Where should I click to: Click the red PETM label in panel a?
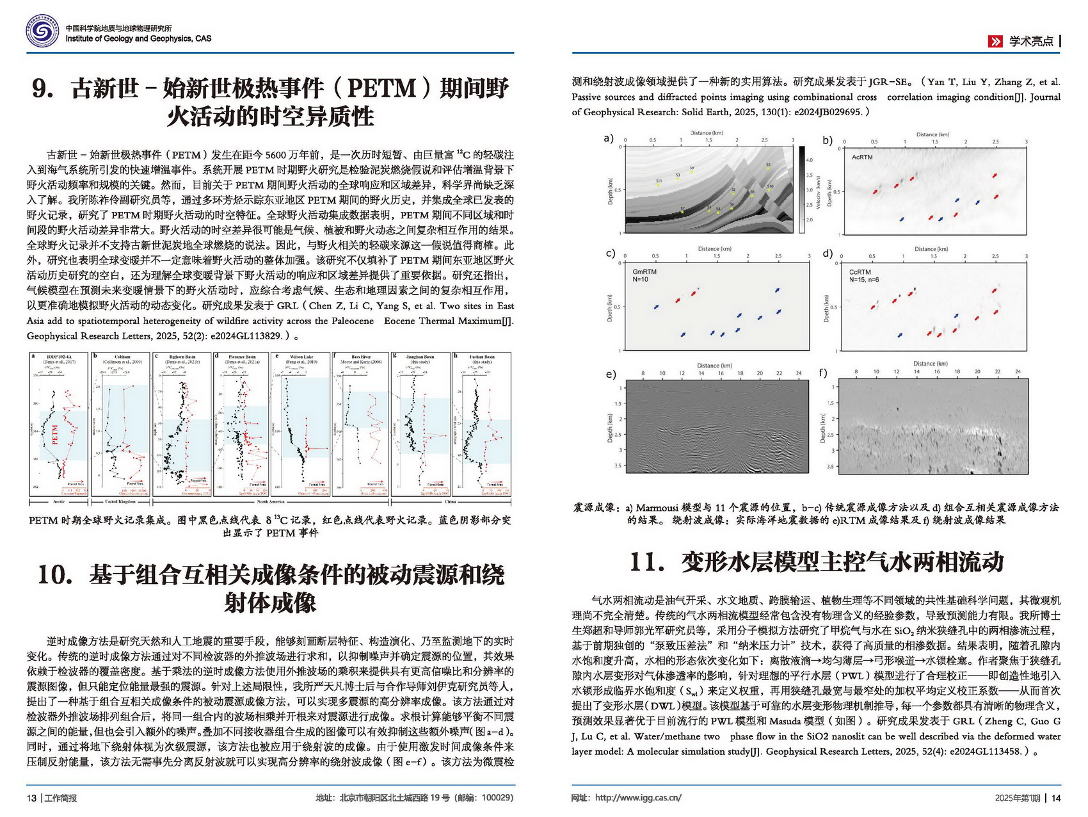pyautogui.click(x=55, y=435)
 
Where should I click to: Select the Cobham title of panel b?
pyautogui.click(x=122, y=357)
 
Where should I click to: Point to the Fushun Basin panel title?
pyautogui.click(x=482, y=357)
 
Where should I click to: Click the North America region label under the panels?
pyautogui.click(x=271, y=502)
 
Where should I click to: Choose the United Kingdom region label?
pyautogui.click(x=120, y=502)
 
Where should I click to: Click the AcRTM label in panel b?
pyautogui.click(x=862, y=157)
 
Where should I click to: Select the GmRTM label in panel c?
pyautogui.click(x=644, y=271)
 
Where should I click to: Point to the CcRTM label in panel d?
pyautogui.click(x=860, y=272)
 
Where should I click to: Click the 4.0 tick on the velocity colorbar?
pyautogui.click(x=809, y=160)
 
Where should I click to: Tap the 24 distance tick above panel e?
pyautogui.click(x=799, y=373)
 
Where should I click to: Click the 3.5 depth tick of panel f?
pyautogui.click(x=831, y=466)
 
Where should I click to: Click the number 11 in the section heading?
pyautogui.click(x=646, y=562)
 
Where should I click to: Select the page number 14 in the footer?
pyautogui.click(x=1056, y=798)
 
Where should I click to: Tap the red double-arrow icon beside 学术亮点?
pyautogui.click(x=995, y=42)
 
